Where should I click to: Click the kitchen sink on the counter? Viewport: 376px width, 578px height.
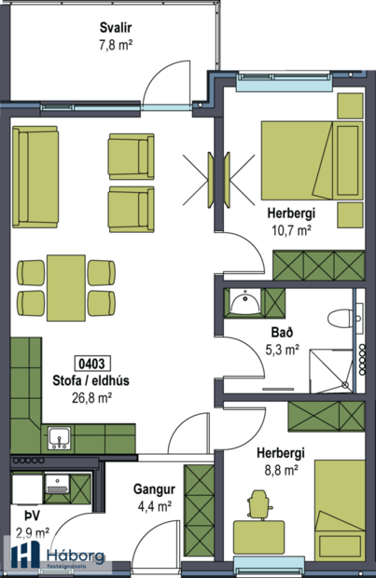click(x=57, y=436)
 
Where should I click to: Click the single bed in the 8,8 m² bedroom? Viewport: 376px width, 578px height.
click(x=338, y=507)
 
